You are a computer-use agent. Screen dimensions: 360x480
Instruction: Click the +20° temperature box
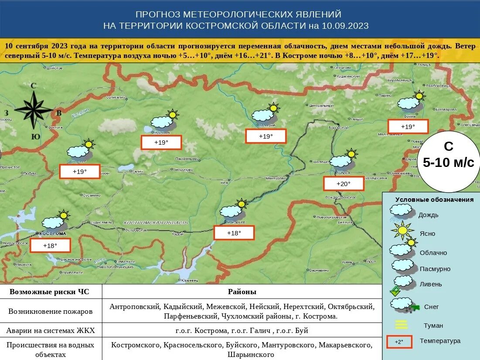click(x=343, y=184)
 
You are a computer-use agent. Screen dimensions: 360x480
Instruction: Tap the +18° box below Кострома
click(x=50, y=246)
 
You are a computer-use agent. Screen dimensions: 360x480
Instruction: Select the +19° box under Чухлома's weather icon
click(x=161, y=143)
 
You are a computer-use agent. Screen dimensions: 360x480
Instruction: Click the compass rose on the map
click(x=34, y=109)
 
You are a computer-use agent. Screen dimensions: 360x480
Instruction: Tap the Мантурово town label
click(x=275, y=178)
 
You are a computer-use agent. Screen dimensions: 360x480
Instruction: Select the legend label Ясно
click(x=427, y=234)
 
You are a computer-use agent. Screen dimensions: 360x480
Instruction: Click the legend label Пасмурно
click(x=435, y=269)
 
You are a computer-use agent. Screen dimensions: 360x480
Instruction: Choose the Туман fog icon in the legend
click(x=401, y=325)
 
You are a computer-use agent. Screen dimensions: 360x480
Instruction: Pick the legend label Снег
click(x=431, y=307)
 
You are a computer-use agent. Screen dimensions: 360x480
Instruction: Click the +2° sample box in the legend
click(x=399, y=342)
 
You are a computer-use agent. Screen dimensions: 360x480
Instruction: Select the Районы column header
click(x=242, y=292)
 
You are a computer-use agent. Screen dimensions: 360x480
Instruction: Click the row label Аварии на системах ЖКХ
click(x=51, y=330)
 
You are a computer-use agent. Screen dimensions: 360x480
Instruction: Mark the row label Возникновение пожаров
click(x=51, y=312)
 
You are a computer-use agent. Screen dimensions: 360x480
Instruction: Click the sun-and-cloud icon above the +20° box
click(x=344, y=160)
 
